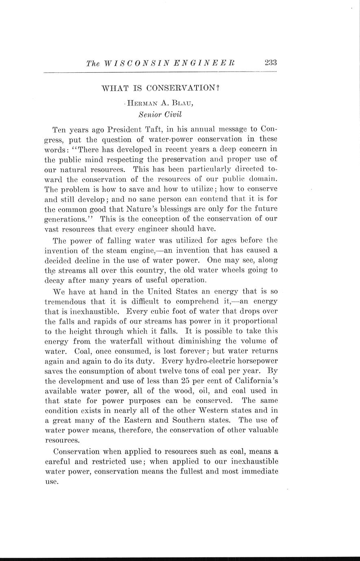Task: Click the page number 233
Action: pyautogui.click(x=270, y=63)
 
